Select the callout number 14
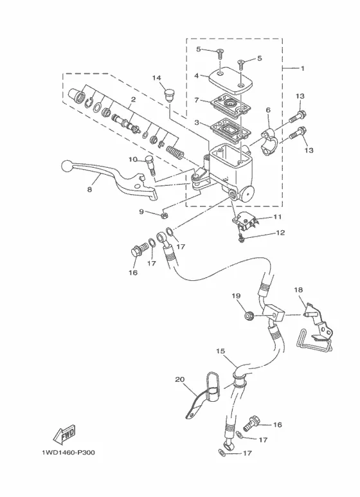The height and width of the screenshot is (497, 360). click(157, 78)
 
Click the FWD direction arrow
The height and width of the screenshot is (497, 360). click(65, 435)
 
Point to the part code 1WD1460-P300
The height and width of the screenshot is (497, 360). click(68, 453)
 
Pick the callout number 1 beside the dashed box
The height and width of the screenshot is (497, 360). click(302, 68)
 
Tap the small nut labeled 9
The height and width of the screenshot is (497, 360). click(164, 215)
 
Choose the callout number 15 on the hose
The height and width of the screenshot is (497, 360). click(221, 351)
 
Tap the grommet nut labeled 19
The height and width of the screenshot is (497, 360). click(248, 316)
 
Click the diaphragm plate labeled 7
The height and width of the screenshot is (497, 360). click(231, 105)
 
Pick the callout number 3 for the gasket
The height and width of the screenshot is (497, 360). click(197, 122)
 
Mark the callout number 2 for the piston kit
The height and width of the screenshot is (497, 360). click(133, 100)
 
